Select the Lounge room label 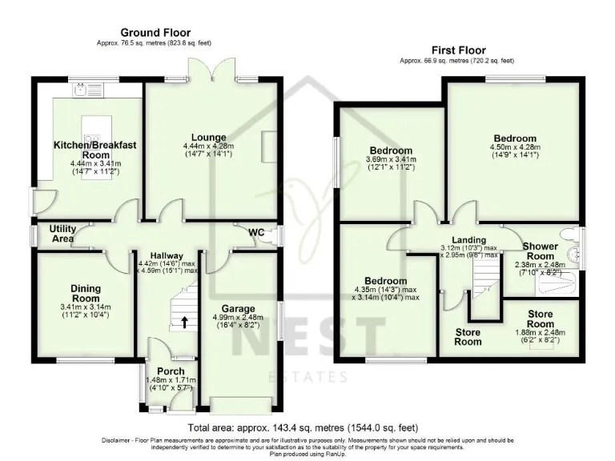[x=208, y=138]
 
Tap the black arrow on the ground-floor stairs [x=185, y=323]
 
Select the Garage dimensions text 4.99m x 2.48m [x=238, y=318]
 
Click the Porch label [x=171, y=371]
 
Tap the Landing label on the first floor [x=468, y=240]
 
